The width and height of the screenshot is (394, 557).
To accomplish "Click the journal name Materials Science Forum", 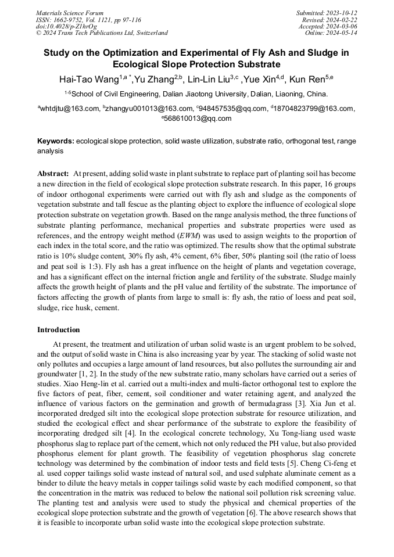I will point(70,13).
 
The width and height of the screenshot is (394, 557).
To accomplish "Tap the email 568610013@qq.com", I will point(198,118).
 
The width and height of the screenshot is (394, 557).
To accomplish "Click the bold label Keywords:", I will point(56,141).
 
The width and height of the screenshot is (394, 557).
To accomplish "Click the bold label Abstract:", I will point(53,174).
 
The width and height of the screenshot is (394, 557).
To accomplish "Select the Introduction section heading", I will point(59,330).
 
